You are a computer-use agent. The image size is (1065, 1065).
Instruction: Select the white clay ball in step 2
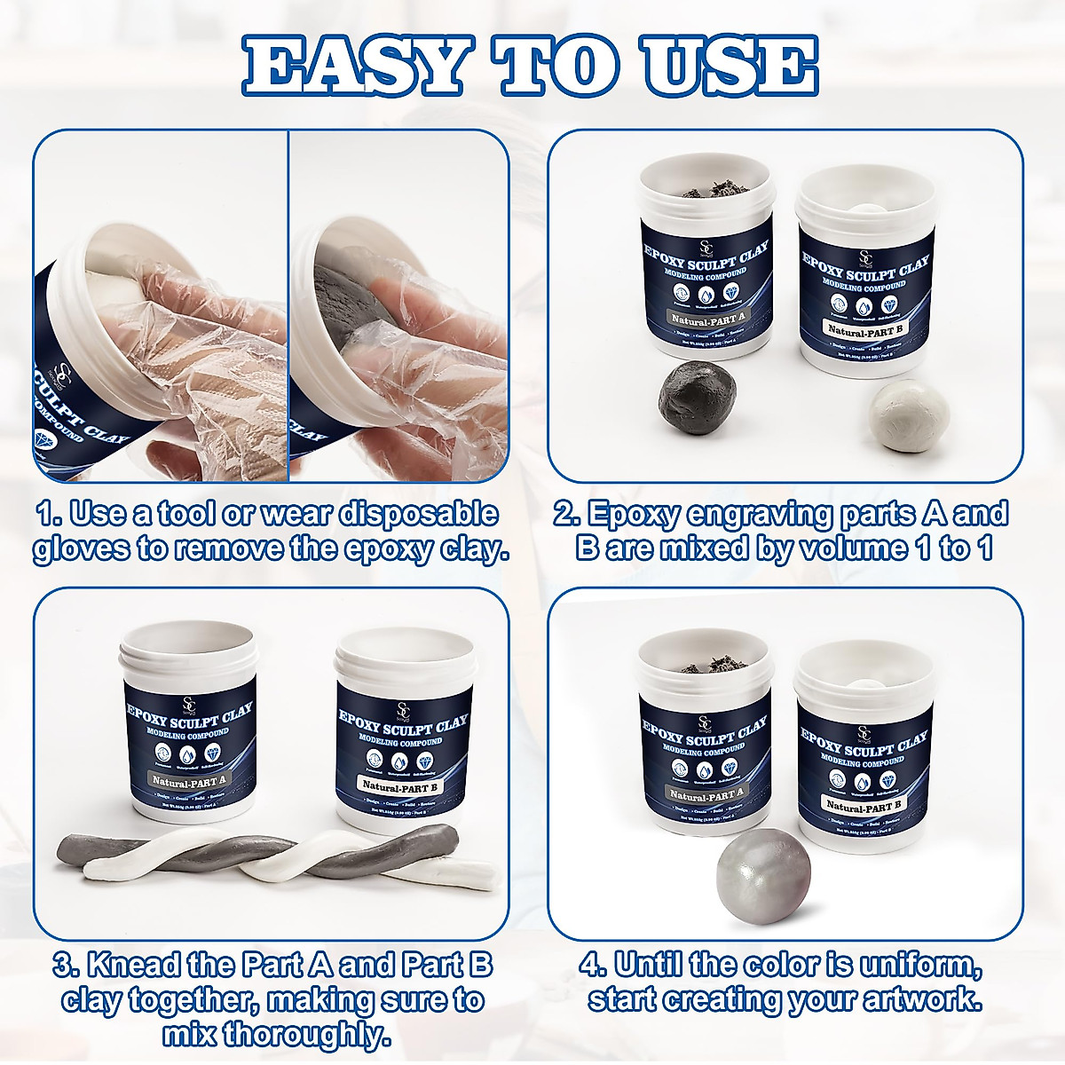coord(895,410)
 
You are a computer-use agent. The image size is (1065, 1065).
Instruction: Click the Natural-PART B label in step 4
coord(862,805)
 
